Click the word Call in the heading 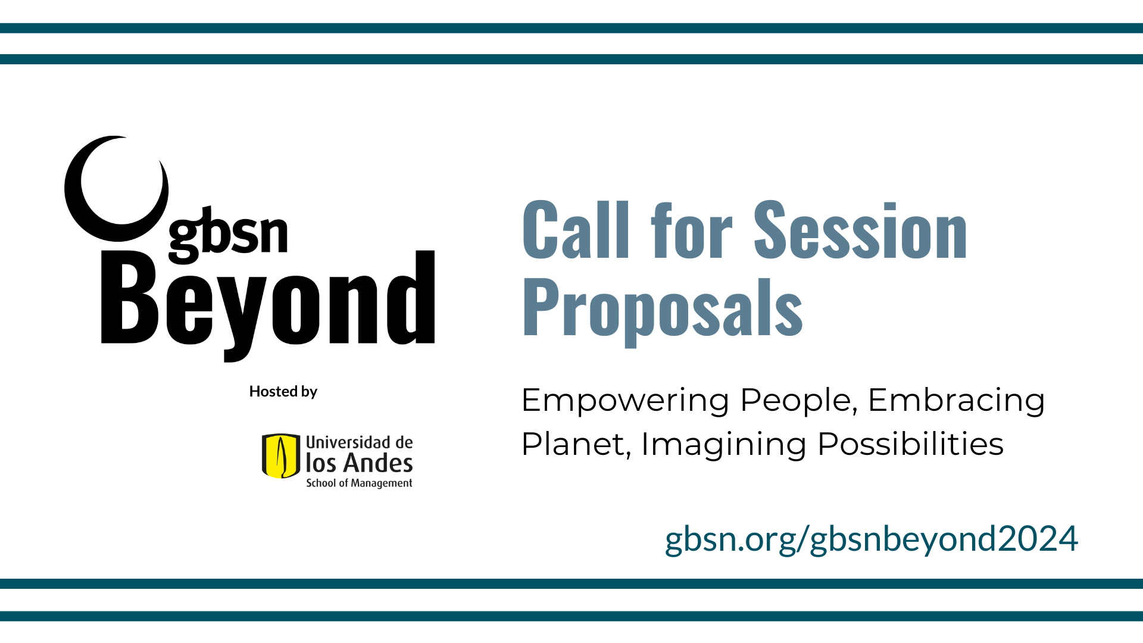(576, 230)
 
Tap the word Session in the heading (861, 230)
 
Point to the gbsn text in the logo (229, 235)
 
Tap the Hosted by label (283, 391)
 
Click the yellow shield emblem (281, 456)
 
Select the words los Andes (359, 463)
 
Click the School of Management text (359, 483)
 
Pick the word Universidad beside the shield (348, 442)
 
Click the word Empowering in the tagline (625, 401)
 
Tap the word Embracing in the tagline (956, 401)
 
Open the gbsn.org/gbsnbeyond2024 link (872, 539)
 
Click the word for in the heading (692, 230)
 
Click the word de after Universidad (404, 442)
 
